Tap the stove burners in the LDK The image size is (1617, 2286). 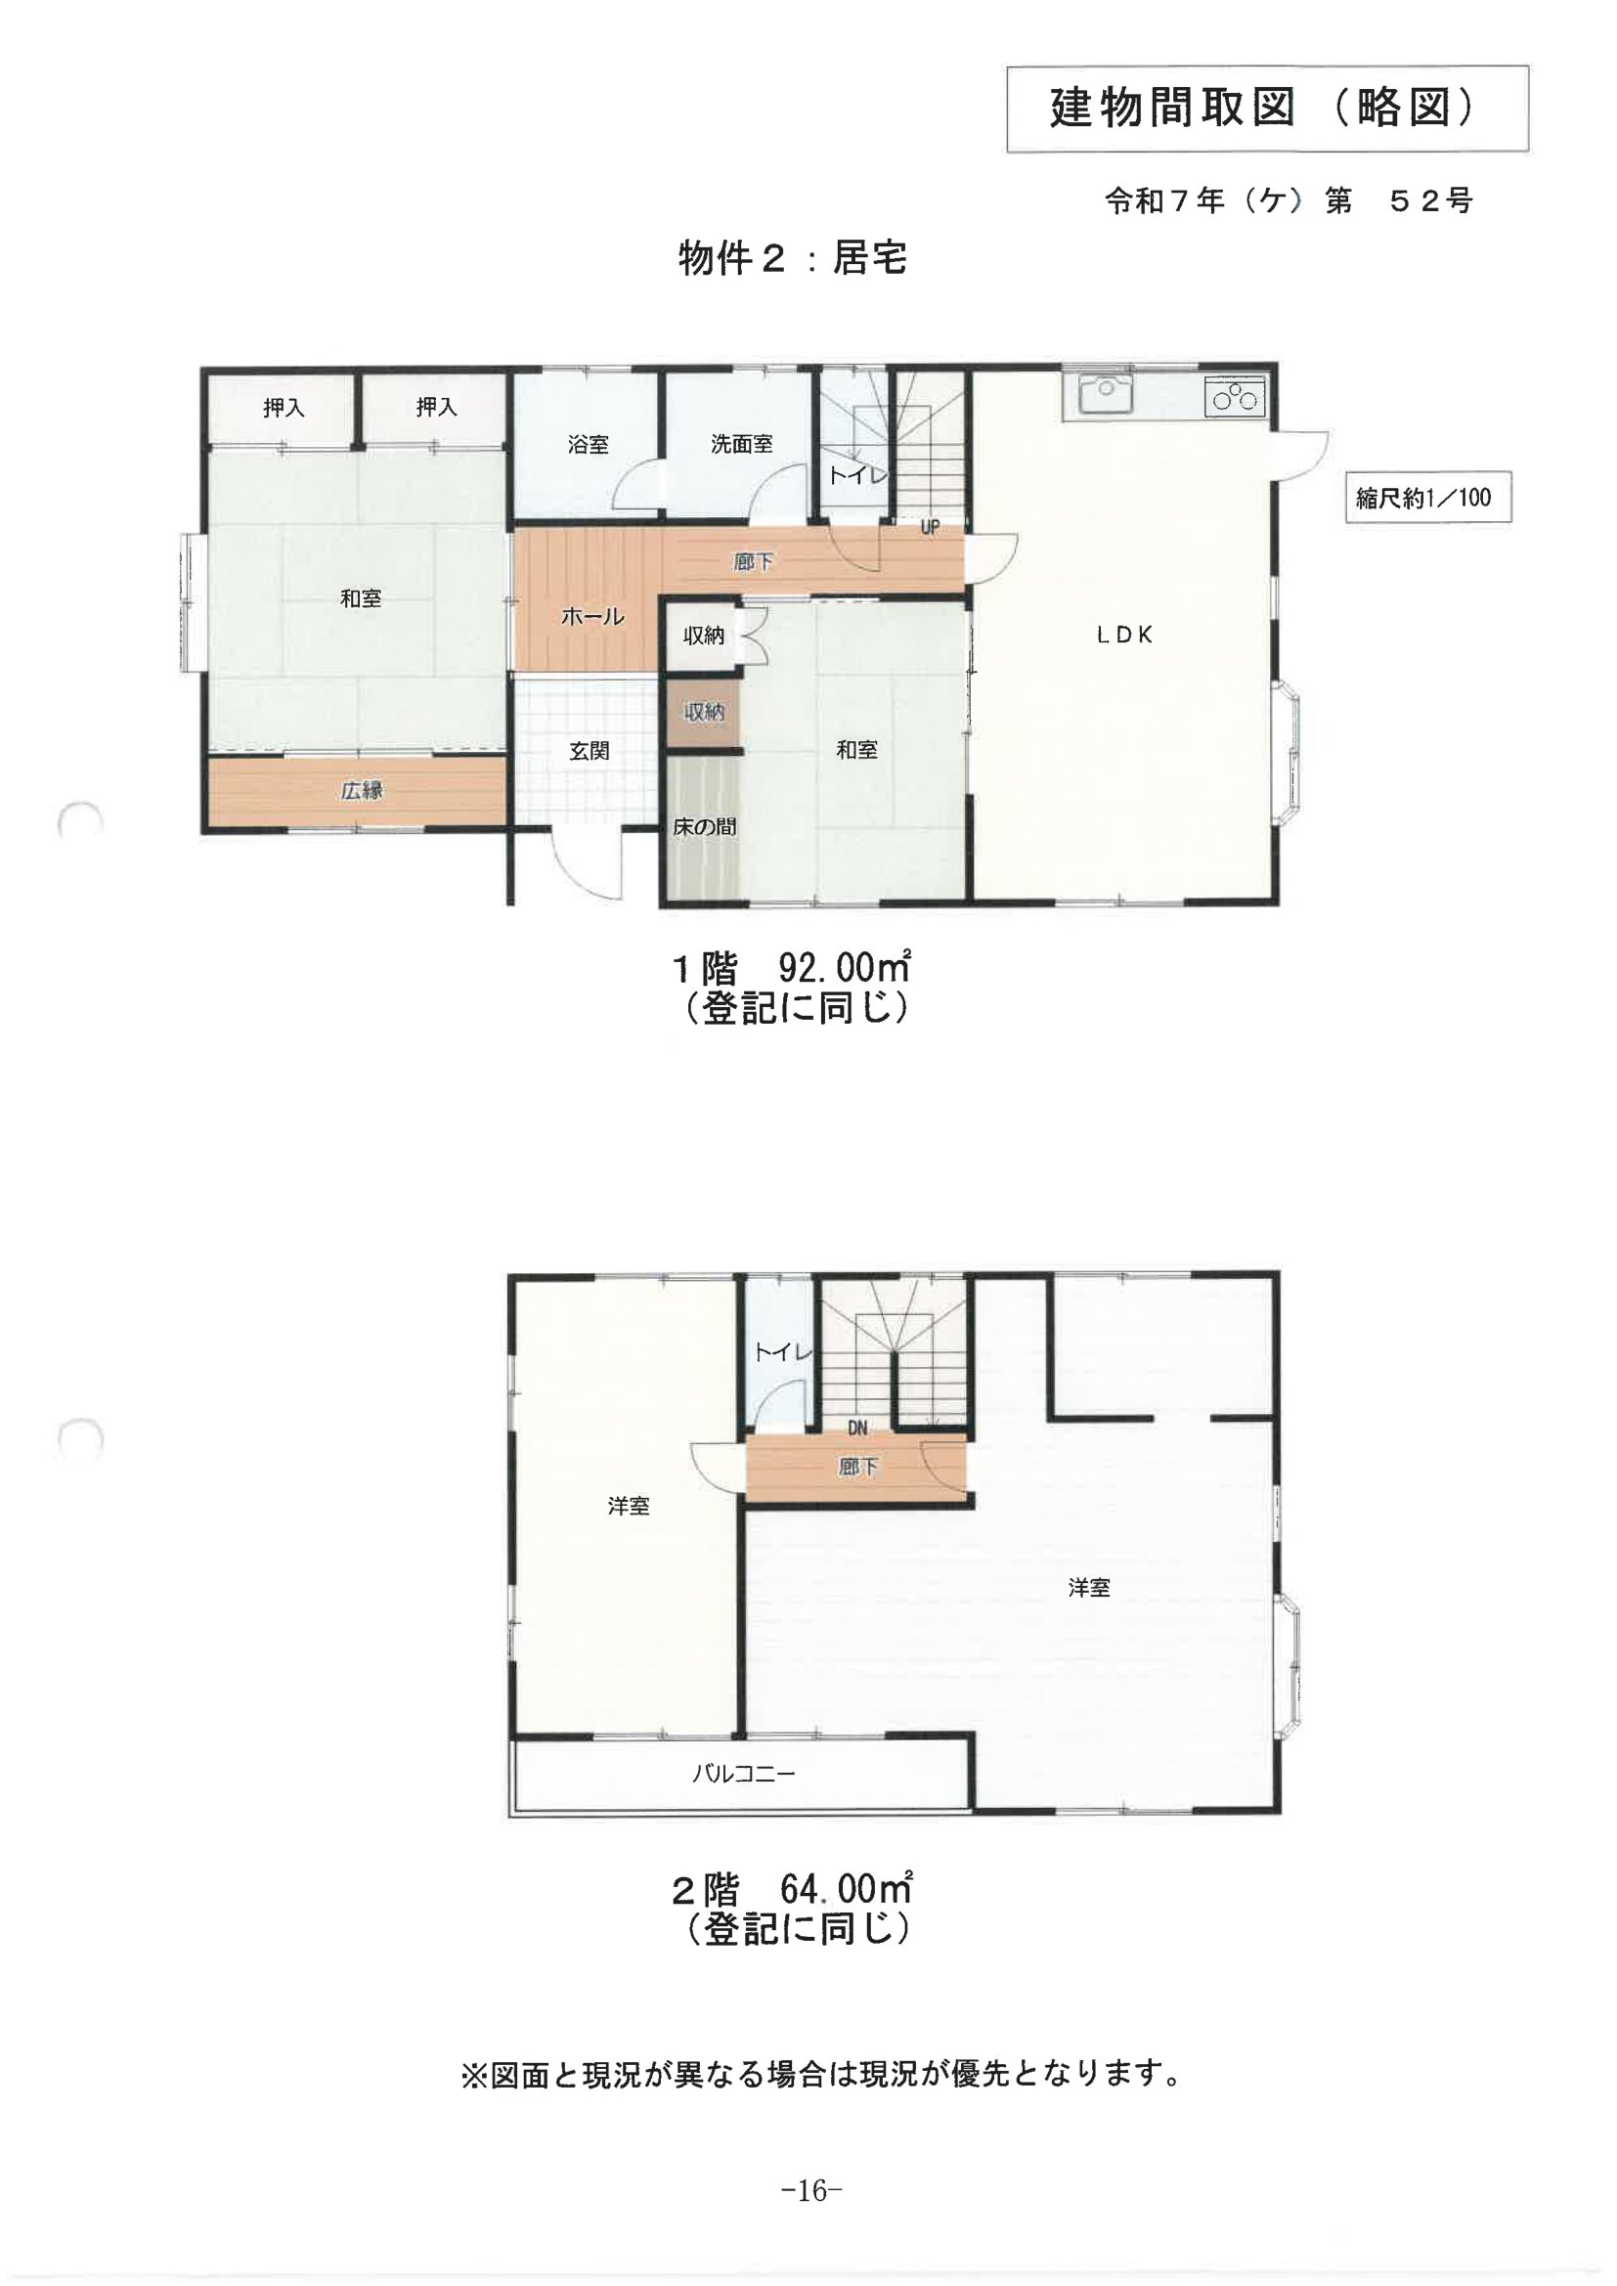pyautogui.click(x=1235, y=398)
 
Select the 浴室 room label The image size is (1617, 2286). pyautogui.click(x=588, y=444)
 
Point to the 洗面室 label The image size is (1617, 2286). pyautogui.click(x=742, y=444)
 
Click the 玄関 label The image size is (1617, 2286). pyautogui.click(x=590, y=751)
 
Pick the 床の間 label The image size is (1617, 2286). pyautogui.click(x=705, y=826)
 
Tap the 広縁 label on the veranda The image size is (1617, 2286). pyautogui.click(x=362, y=791)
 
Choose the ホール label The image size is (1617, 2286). pyautogui.click(x=592, y=616)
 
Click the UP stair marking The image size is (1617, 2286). pyautogui.click(x=929, y=528)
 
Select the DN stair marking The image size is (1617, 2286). pyautogui.click(x=857, y=1428)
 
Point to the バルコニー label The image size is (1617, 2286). pyautogui.click(x=745, y=1774)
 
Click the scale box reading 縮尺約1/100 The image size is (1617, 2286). pyautogui.click(x=1427, y=497)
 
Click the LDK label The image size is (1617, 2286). pyautogui.click(x=1125, y=635)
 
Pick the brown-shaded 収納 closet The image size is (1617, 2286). pyautogui.click(x=703, y=712)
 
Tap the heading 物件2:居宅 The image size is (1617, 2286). pyautogui.click(x=793, y=259)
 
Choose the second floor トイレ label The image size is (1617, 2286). pyautogui.click(x=784, y=1352)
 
